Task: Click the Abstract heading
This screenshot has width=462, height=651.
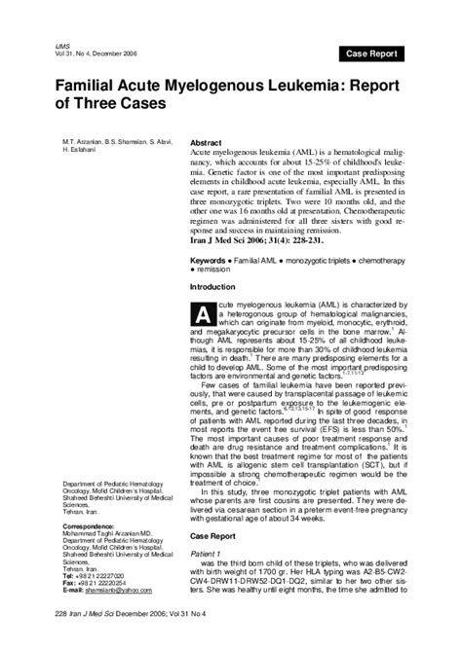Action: point(208,142)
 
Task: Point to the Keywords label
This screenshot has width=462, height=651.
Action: point(210,235)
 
